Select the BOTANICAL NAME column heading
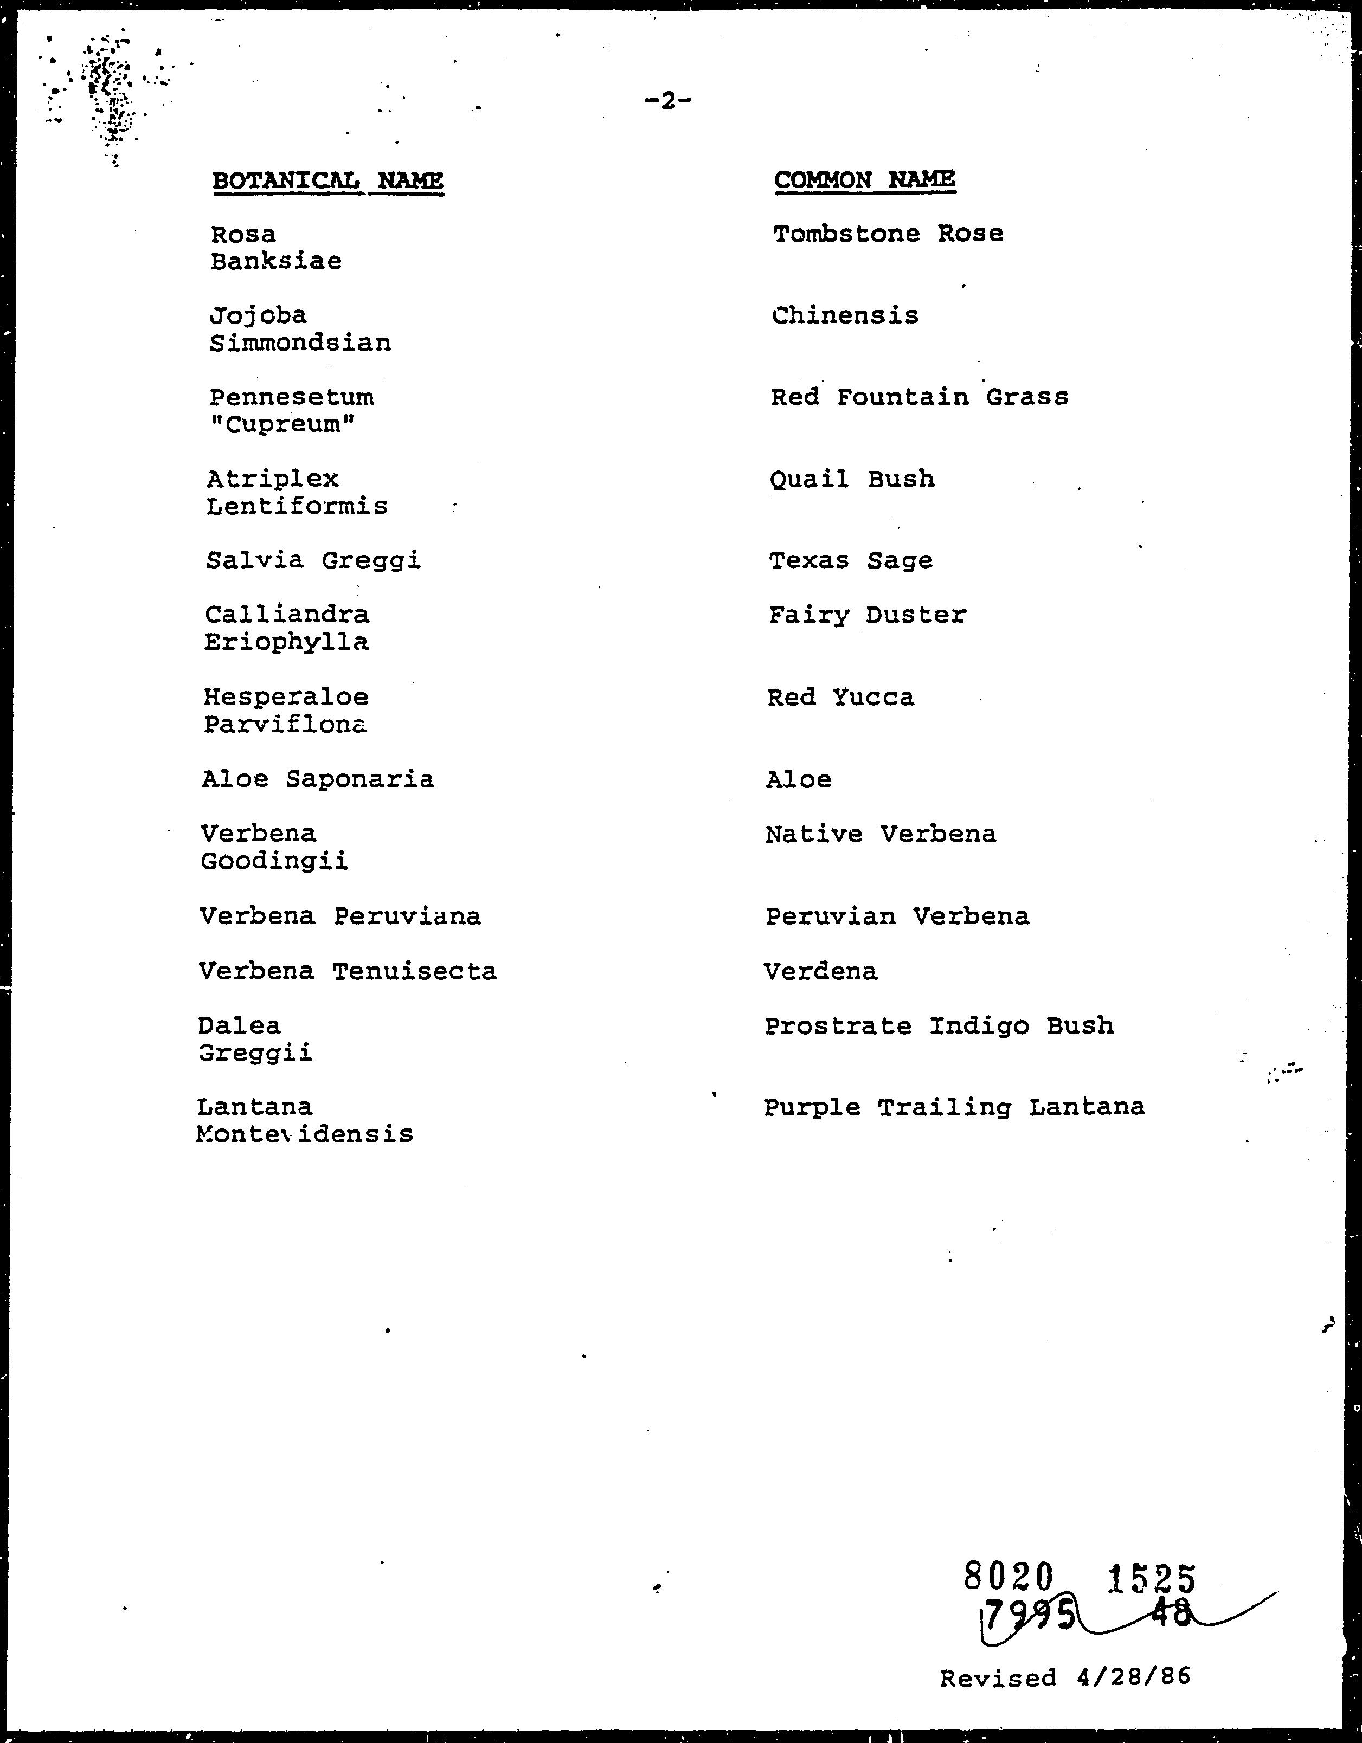coord(327,180)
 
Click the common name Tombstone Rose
coord(888,234)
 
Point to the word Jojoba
coord(258,316)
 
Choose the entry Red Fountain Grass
coord(919,397)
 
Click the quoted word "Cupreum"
coord(282,424)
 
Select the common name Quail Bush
coord(852,480)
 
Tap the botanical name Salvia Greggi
coord(313,561)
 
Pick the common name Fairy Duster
coord(867,615)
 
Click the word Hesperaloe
coord(286,698)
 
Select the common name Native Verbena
coord(881,835)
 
